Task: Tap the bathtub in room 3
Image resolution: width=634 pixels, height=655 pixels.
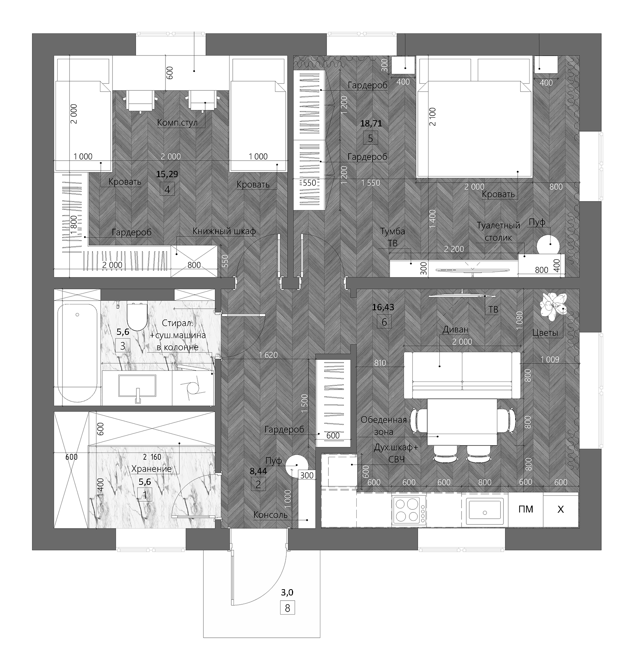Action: pyautogui.click(x=78, y=353)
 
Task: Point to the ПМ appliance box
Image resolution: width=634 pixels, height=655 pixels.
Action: pyautogui.click(x=526, y=509)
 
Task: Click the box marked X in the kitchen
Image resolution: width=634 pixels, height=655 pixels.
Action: pyautogui.click(x=560, y=509)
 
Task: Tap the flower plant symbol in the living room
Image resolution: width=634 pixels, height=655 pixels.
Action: pyautogui.click(x=553, y=305)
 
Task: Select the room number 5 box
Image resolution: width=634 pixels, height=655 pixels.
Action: pyautogui.click(x=370, y=139)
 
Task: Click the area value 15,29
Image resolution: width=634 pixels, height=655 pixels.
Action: pyautogui.click(x=167, y=174)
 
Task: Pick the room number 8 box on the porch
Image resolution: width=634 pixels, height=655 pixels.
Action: pyautogui.click(x=287, y=608)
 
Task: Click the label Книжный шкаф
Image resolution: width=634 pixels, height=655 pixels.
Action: pyautogui.click(x=224, y=232)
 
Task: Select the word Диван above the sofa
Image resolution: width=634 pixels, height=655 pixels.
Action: pyautogui.click(x=455, y=329)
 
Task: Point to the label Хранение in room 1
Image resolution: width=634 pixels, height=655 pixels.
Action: pyautogui.click(x=152, y=469)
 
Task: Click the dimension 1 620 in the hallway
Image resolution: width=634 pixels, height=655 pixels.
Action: pyautogui.click(x=268, y=355)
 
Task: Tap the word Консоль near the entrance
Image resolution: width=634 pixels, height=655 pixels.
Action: pyautogui.click(x=270, y=515)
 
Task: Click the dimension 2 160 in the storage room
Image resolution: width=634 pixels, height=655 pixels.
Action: pyautogui.click(x=152, y=457)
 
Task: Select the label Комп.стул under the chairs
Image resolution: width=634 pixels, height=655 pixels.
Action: pyautogui.click(x=177, y=123)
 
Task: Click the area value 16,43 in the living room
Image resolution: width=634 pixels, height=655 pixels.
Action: pyautogui.click(x=383, y=307)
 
